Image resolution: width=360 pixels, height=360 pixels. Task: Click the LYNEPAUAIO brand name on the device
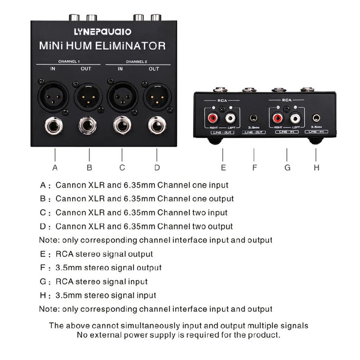[x=103, y=31]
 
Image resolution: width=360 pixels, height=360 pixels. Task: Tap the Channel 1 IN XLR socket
[x=53, y=95]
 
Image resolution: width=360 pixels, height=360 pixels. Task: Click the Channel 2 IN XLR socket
[x=121, y=95]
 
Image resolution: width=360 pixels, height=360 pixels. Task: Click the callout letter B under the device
[x=89, y=168]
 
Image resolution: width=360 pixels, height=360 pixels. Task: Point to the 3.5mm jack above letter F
[x=254, y=118]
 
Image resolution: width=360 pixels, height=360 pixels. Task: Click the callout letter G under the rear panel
[x=287, y=168]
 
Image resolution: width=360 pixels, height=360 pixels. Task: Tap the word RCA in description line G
[x=63, y=282]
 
